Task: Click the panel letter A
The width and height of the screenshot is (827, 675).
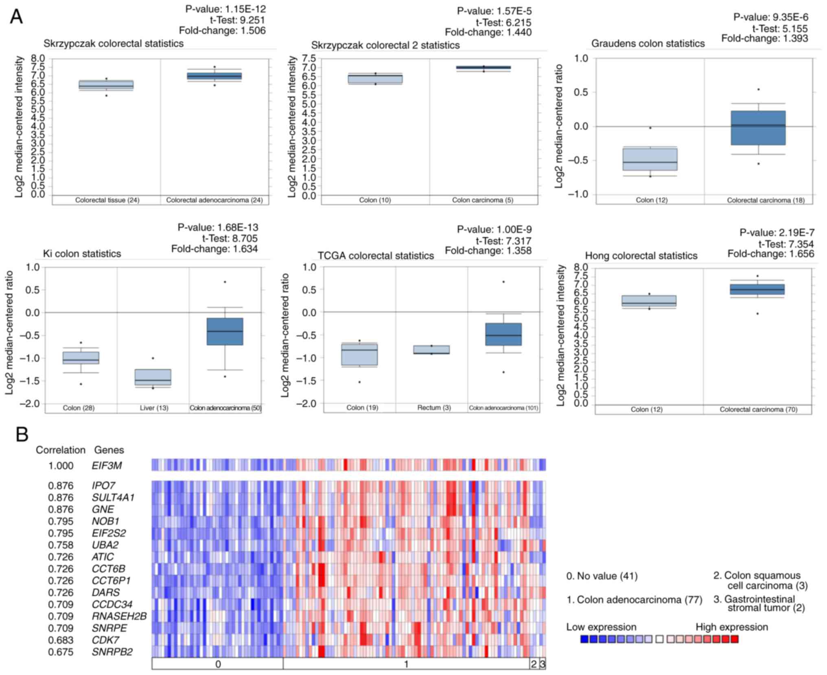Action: pos(16,17)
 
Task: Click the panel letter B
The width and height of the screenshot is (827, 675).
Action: pos(22,434)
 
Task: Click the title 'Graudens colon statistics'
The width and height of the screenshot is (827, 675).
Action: pos(648,44)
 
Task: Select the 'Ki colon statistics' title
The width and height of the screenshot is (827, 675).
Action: pos(82,254)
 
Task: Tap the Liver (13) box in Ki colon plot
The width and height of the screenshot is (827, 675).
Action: pos(153,377)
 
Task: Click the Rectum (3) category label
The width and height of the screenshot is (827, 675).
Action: pos(434,408)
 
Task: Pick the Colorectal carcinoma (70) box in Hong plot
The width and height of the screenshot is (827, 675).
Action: pos(757,289)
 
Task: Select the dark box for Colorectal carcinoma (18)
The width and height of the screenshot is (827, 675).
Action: pos(758,128)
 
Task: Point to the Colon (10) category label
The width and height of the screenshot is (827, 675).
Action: pos(375,200)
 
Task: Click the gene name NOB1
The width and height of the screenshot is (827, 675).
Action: pos(105,521)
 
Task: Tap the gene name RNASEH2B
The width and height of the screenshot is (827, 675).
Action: pos(119,616)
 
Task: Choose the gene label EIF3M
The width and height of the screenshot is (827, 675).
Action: pos(107,466)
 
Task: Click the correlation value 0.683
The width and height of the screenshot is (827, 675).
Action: pos(61,640)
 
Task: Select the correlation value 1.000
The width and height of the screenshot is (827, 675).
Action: pos(61,466)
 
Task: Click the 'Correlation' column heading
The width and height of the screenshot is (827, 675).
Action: pos(61,450)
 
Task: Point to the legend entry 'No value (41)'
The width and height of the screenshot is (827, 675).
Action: pos(602,576)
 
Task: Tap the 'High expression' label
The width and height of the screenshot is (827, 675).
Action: pos(732,627)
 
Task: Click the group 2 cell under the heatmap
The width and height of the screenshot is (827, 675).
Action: pos(534,664)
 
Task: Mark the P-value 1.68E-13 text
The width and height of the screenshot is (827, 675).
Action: pos(218,227)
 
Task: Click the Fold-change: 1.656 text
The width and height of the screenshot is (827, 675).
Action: pos(771,254)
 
